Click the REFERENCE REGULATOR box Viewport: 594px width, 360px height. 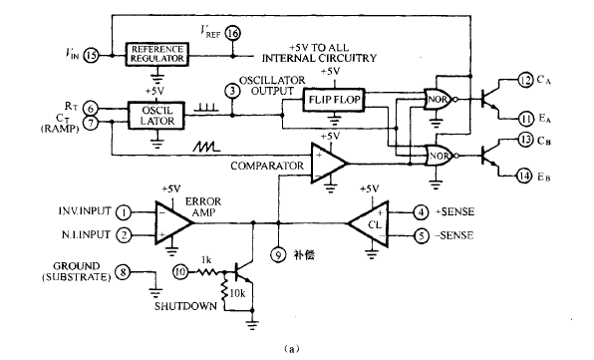(x=156, y=55)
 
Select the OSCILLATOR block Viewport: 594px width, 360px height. (x=156, y=116)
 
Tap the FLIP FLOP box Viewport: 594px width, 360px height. (x=334, y=100)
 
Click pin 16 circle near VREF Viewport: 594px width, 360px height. (x=233, y=34)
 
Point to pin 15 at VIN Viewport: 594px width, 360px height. (x=91, y=55)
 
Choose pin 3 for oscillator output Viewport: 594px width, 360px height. (x=232, y=91)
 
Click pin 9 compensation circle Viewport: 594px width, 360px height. (x=278, y=255)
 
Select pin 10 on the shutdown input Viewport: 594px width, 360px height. (x=180, y=271)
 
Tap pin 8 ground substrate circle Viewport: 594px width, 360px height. (x=123, y=272)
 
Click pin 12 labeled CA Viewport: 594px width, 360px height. (x=525, y=80)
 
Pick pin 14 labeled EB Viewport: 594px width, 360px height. (x=524, y=176)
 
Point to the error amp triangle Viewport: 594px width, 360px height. (x=173, y=222)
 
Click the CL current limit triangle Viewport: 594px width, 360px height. (x=369, y=224)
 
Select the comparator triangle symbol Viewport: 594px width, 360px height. (x=328, y=163)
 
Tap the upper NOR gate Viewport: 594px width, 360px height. (x=439, y=100)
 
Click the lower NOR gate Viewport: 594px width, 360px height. (x=440, y=156)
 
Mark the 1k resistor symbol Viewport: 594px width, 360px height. (x=206, y=271)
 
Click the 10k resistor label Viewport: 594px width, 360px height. (x=237, y=293)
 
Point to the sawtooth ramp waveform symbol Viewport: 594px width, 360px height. (x=206, y=147)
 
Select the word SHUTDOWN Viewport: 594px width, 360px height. (x=185, y=306)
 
